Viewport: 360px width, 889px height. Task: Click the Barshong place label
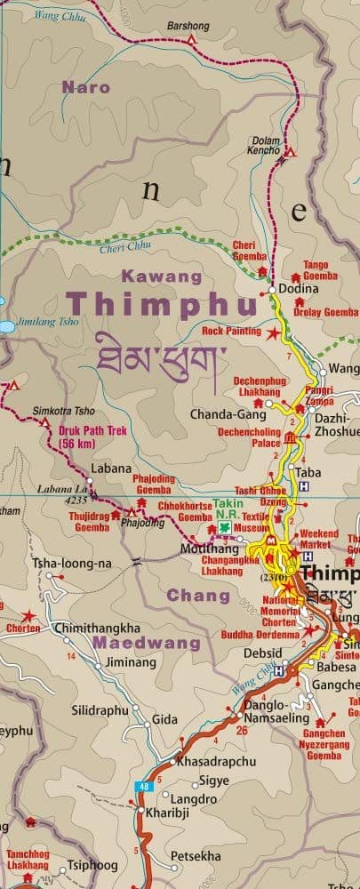188,26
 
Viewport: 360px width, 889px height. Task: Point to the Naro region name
86,87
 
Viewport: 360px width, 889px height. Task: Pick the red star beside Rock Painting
272,332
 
